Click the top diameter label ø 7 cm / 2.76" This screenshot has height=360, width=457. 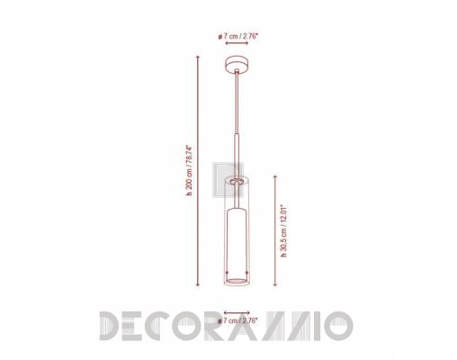point(238,37)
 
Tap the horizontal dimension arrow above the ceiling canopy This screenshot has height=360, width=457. point(237,43)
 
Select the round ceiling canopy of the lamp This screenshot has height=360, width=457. point(237,65)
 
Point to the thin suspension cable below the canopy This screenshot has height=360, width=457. point(237,102)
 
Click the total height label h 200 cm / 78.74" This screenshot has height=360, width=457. point(189,170)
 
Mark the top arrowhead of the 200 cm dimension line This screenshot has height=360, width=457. point(198,58)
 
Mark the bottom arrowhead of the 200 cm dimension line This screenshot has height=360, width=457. point(198,283)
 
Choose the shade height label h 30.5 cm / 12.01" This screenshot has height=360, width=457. point(283,231)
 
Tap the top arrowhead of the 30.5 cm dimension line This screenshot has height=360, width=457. point(275,177)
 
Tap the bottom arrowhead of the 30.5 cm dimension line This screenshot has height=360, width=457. point(275,283)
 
